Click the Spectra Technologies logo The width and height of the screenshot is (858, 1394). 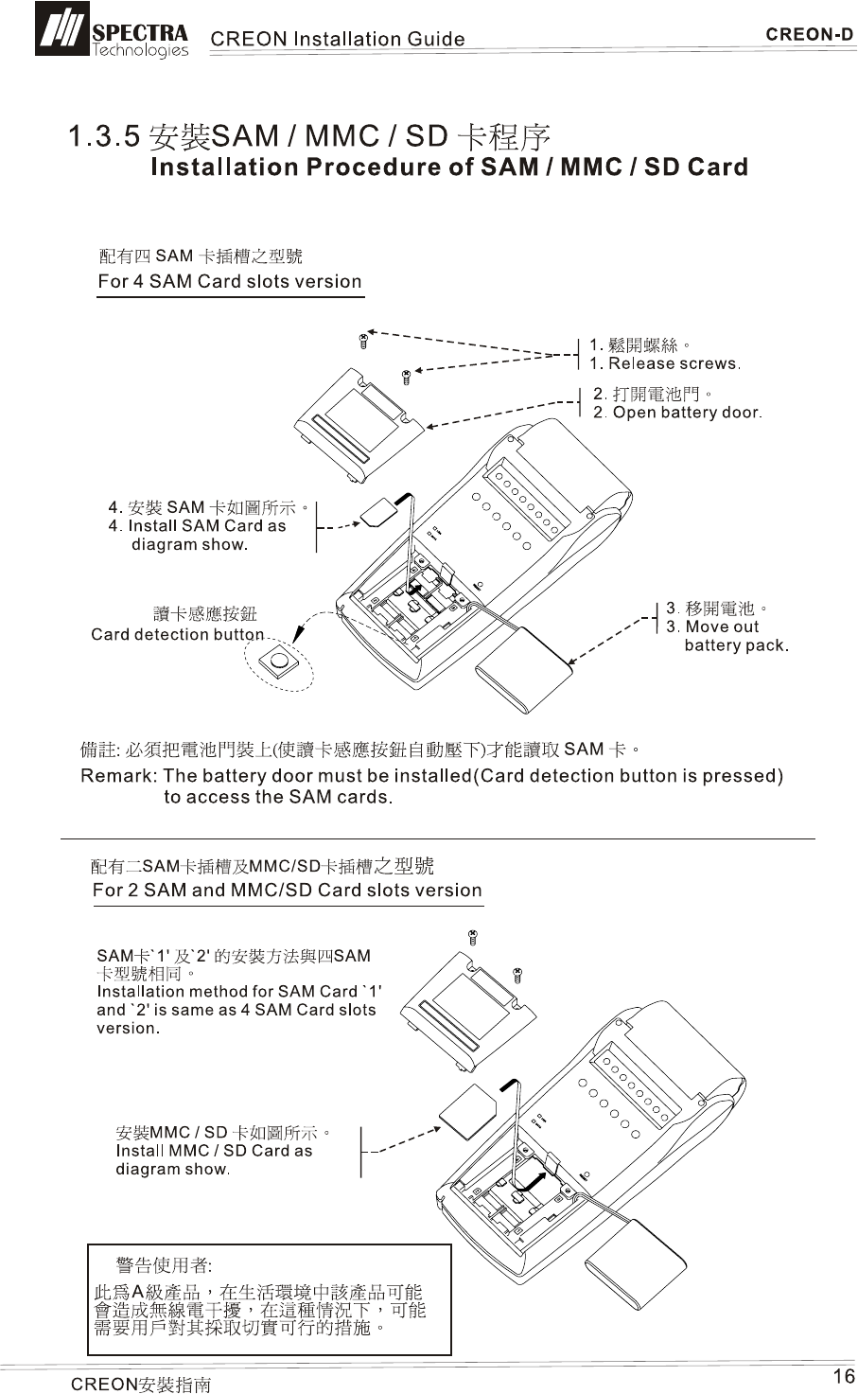pos(112,30)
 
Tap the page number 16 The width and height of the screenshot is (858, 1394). pos(842,1376)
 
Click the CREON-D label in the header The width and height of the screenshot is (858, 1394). pos(809,35)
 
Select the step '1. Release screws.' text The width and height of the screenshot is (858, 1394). pos(664,364)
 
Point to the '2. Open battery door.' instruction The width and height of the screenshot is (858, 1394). pos(677,413)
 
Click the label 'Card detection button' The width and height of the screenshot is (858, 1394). pos(177,634)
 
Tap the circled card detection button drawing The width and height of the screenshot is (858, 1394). pos(279,662)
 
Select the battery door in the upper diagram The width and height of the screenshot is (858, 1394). pos(359,422)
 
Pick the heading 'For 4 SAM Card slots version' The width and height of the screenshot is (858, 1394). pos(230,281)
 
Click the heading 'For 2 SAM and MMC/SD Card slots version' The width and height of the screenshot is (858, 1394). pos(287,891)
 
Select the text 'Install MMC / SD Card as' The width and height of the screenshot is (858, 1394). pos(214,1151)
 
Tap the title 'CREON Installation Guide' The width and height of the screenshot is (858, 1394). pos(337,39)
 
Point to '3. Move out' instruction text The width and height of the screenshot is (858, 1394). pos(712,626)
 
